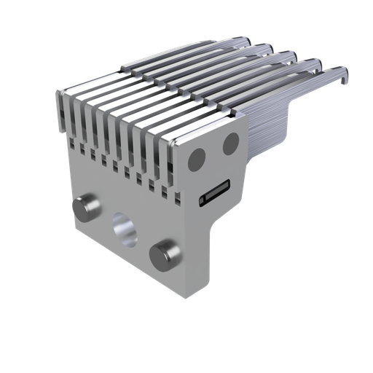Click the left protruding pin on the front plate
click(x=87, y=208)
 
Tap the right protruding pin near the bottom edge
click(x=165, y=256)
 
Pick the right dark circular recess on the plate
click(x=231, y=144)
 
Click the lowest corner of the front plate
click(x=188, y=297)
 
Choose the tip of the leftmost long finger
click(x=240, y=42)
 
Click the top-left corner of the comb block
click(x=58, y=93)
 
